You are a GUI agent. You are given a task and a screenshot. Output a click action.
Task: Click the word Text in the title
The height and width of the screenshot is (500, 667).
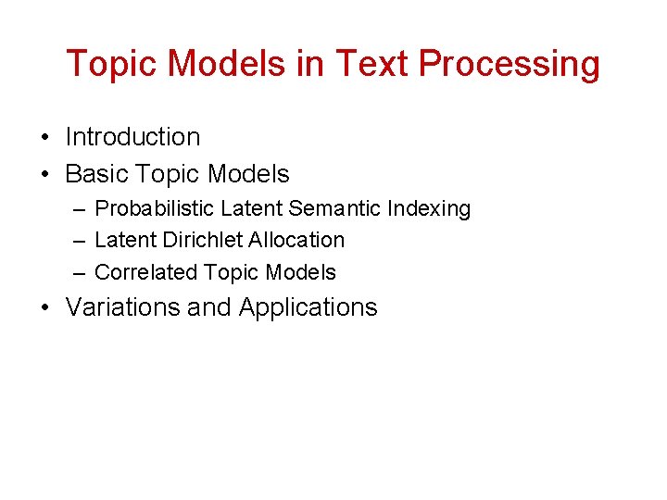[373, 64]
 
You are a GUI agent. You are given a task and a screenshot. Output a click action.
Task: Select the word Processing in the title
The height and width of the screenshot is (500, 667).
[510, 65]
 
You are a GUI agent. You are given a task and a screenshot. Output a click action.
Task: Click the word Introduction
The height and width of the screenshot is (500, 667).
[132, 137]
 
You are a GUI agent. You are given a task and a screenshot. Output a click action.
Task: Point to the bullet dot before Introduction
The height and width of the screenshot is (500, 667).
[44, 138]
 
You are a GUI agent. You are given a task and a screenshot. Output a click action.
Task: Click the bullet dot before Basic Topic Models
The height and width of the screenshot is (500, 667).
[44, 175]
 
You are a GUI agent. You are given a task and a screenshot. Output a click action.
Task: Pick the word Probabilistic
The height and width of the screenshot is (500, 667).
[155, 209]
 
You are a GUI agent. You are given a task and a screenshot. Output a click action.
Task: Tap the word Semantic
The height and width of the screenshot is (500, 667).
[336, 209]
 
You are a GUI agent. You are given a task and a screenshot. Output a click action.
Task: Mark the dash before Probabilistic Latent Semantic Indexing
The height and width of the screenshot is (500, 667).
[78, 210]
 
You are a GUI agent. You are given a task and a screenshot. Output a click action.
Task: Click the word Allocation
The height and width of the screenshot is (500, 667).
[298, 240]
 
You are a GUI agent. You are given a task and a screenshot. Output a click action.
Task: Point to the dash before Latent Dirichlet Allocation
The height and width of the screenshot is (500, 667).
[78, 241]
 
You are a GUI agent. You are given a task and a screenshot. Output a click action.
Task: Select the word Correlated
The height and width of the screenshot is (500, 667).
[146, 272]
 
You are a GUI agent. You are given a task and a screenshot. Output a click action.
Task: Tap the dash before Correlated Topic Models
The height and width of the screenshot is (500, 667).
[78, 273]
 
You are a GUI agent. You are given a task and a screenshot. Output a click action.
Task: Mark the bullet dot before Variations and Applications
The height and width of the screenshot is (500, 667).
[44, 308]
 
